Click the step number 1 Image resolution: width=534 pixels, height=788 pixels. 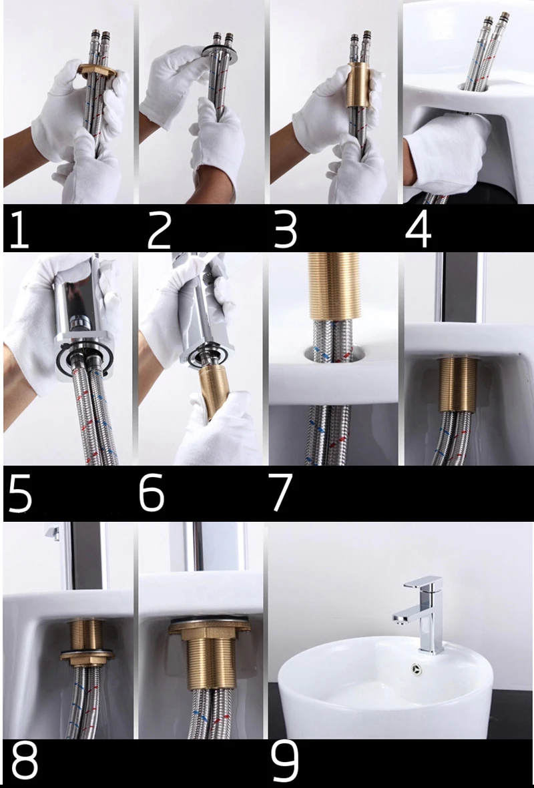click(19, 228)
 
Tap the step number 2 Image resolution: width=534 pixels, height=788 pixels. click(159, 229)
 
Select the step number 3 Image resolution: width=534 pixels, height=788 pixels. click(285, 229)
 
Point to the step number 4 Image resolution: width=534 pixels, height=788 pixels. click(418, 229)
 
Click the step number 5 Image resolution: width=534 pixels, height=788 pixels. click(20, 494)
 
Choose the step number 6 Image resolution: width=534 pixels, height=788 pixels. click(152, 494)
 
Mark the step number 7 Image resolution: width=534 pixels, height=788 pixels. click(280, 494)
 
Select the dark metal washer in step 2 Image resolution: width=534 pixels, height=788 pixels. click(219, 52)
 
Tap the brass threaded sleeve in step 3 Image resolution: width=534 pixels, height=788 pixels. click(358, 85)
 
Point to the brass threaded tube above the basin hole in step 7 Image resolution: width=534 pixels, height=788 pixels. click(334, 286)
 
